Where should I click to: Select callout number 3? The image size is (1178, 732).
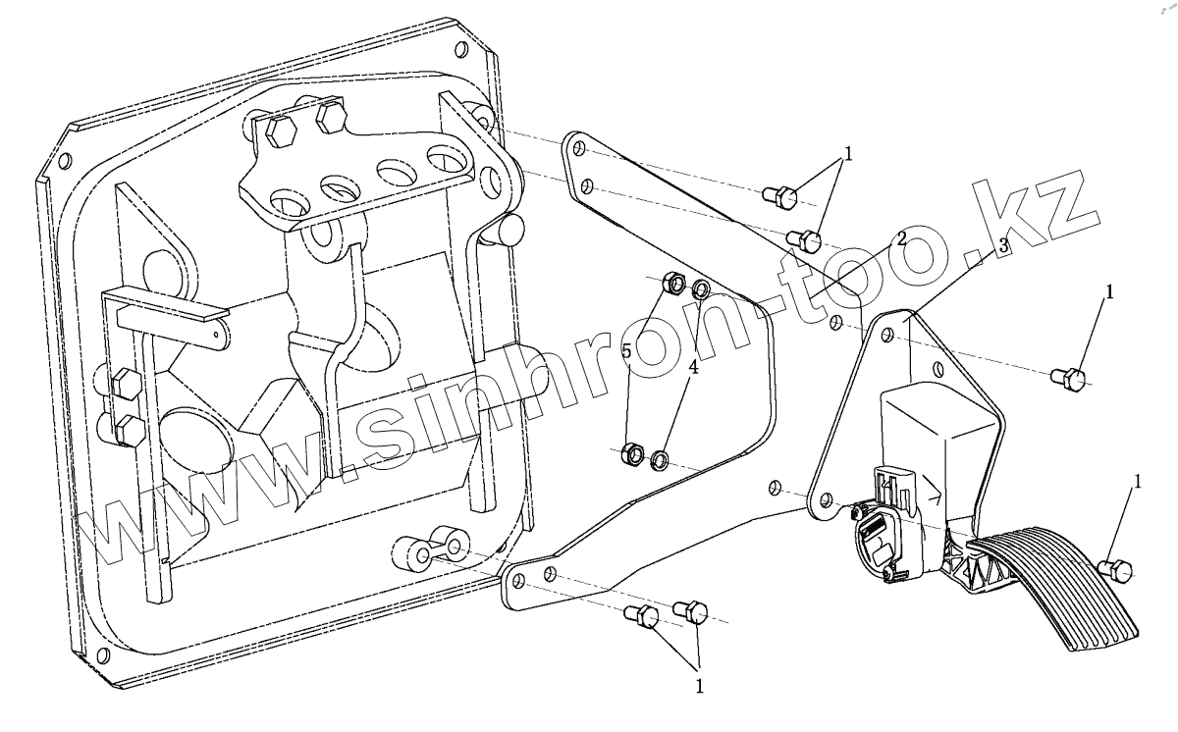coord(1002,247)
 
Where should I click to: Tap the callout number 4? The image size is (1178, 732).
coord(693,367)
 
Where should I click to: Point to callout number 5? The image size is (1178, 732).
coord(626,351)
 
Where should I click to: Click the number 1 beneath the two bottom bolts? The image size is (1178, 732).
coord(699,687)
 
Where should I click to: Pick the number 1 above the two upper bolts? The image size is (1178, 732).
coord(848,154)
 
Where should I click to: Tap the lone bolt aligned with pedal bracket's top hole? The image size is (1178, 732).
coord(1067,377)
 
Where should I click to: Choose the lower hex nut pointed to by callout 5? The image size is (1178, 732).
coord(634,454)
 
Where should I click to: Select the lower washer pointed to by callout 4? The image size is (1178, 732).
coord(661,457)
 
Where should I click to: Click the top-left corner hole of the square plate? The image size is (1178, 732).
coord(65,162)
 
